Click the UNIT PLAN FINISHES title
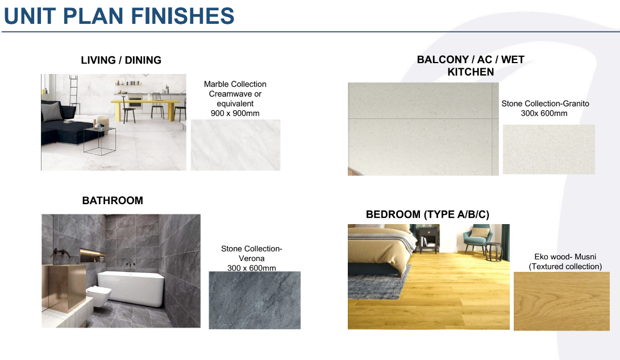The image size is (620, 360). [x=119, y=16]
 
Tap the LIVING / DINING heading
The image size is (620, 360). [x=121, y=60]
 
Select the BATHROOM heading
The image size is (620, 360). [x=113, y=201]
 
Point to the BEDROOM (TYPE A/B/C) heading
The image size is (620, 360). [x=427, y=214]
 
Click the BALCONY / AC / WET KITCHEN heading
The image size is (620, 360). [x=471, y=65]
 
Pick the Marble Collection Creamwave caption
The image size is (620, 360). [x=235, y=98]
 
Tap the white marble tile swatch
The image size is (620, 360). [x=236, y=145]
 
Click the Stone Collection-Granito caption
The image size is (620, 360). [x=545, y=109]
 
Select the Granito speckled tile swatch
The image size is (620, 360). [x=549, y=150]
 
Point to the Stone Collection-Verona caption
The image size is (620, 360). [x=252, y=258]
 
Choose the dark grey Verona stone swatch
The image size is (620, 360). [x=255, y=300]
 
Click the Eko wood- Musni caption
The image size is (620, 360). [x=565, y=262]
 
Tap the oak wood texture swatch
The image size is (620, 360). [x=561, y=301]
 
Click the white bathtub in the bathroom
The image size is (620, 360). [x=131, y=288]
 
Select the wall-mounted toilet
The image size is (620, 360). [x=99, y=296]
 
